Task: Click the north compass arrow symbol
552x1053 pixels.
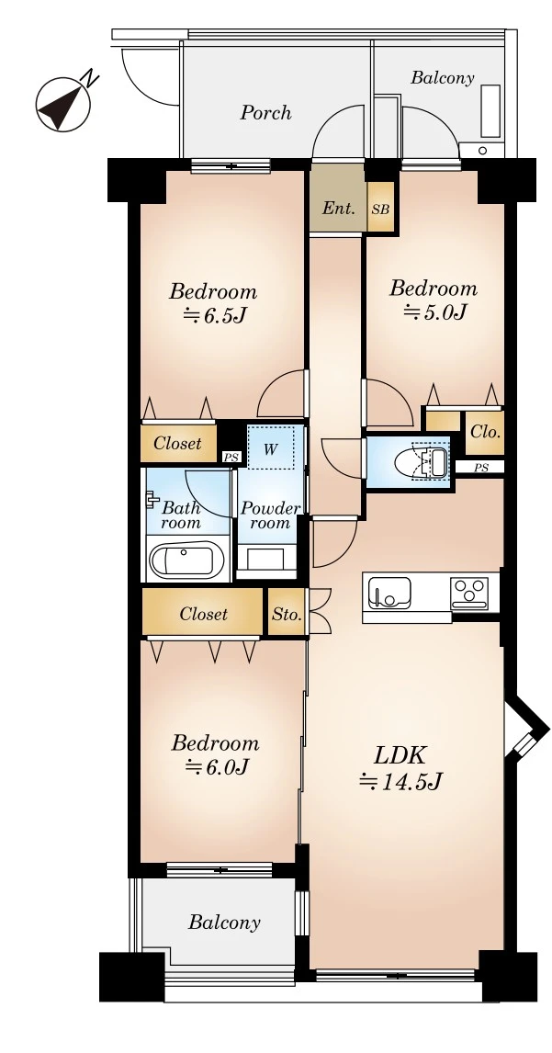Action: [x=63, y=103]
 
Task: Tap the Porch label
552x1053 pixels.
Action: [x=265, y=113]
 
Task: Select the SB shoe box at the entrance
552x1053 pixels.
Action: [x=380, y=209]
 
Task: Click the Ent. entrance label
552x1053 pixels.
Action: [x=338, y=209]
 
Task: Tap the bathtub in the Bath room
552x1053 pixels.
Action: [x=186, y=559]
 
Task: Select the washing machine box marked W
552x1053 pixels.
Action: [x=270, y=449]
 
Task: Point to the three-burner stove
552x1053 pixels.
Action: [x=470, y=592]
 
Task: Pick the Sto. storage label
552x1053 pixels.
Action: [x=287, y=615]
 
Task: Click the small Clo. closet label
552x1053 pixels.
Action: [x=485, y=430]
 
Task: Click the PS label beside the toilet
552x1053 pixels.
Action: [x=480, y=468]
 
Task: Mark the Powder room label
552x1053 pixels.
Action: [x=270, y=515]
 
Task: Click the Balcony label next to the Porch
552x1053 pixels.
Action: [x=442, y=78]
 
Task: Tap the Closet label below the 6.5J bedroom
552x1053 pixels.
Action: [x=177, y=444]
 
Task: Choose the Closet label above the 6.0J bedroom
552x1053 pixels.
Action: [x=203, y=614]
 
